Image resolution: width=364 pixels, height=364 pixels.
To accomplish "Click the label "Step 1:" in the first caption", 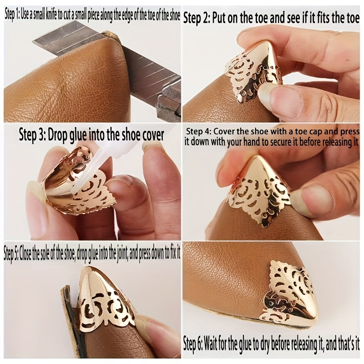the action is point(12,15).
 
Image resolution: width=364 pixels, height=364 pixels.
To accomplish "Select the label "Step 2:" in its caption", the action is point(197,19).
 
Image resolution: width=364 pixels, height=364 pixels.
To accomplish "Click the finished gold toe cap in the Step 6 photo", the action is point(293,297).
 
